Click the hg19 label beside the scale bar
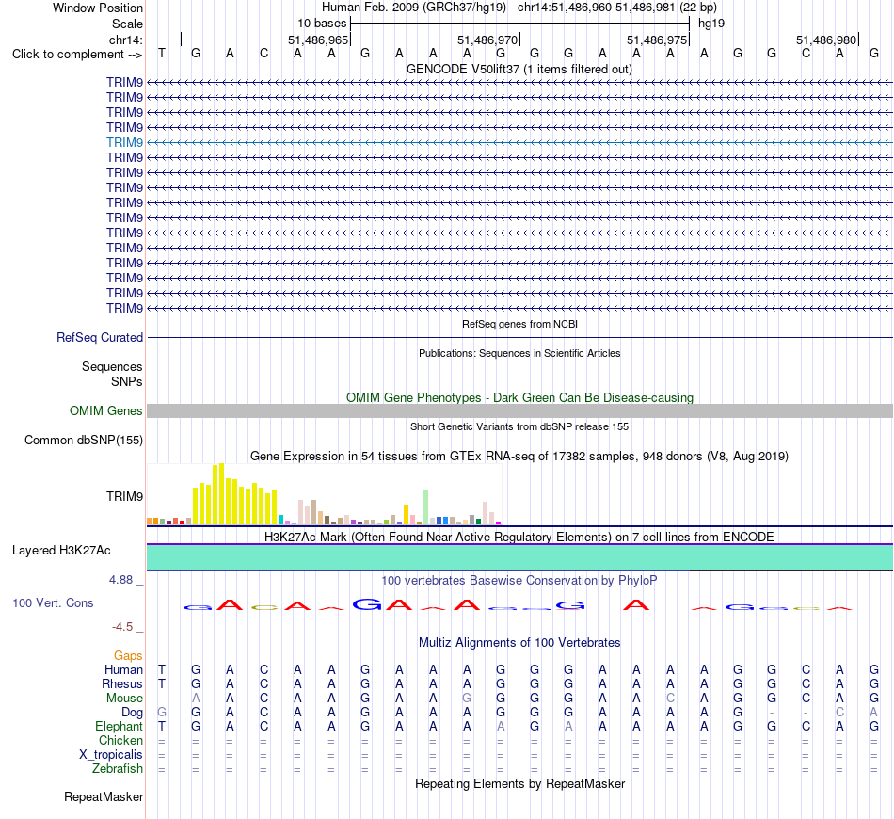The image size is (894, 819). click(711, 24)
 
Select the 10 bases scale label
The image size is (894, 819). click(322, 24)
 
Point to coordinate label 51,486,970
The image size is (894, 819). click(487, 40)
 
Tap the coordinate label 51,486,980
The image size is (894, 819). click(826, 40)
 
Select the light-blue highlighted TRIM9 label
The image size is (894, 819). click(124, 142)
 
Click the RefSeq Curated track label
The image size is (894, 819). click(100, 338)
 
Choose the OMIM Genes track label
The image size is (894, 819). click(106, 410)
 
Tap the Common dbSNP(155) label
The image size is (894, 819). click(84, 441)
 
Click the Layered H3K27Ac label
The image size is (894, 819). click(61, 551)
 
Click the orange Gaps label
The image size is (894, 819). click(128, 656)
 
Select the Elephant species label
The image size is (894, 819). click(120, 726)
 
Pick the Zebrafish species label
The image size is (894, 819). click(118, 769)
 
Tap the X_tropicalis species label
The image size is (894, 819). click(111, 755)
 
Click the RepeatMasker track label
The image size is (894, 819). click(104, 796)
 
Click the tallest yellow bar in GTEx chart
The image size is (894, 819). click(221, 494)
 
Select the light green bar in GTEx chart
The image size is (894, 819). click(425, 507)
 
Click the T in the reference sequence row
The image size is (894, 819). click(162, 54)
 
